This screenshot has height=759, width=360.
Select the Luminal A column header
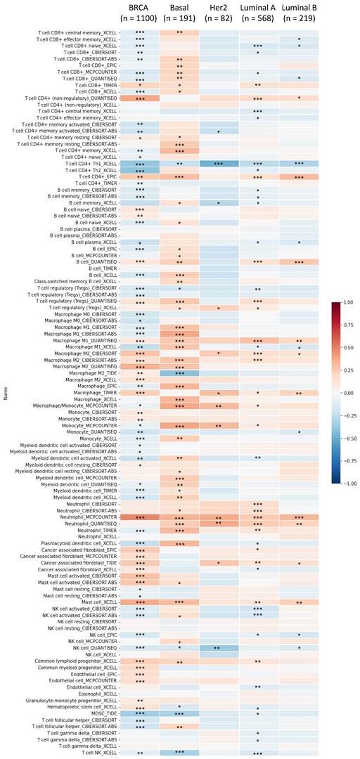tap(259, 9)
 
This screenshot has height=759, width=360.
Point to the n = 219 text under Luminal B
tap(299, 20)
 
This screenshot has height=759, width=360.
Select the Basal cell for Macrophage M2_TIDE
tap(179, 372)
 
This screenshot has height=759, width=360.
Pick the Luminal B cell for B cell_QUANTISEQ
tap(299, 261)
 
